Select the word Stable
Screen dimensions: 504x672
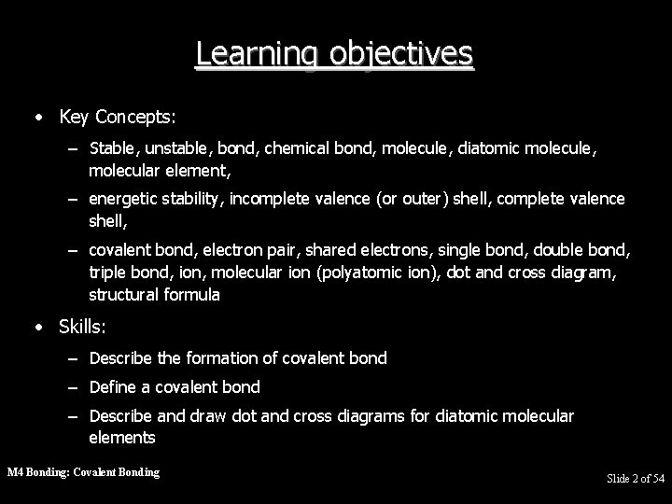[110, 147]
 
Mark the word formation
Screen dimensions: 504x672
[203, 357]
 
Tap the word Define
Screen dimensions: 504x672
[112, 386]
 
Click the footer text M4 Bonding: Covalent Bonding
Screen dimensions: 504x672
[83, 472]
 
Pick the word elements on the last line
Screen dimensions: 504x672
[122, 437]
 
